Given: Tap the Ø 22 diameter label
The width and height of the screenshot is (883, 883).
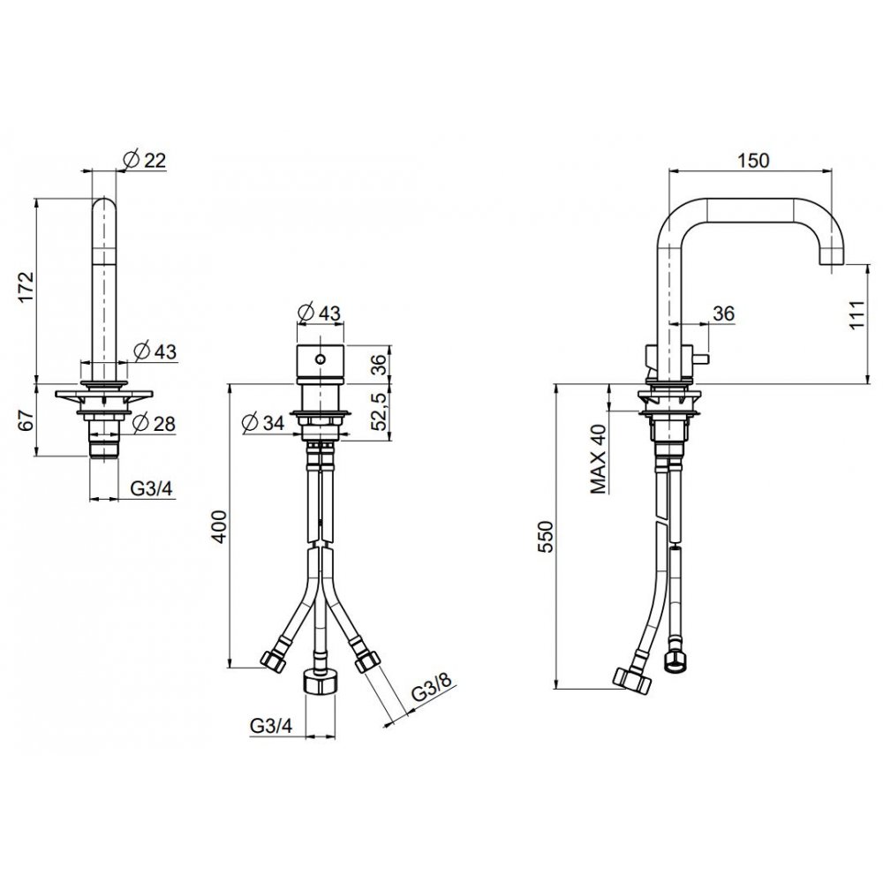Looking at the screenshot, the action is coord(145,161).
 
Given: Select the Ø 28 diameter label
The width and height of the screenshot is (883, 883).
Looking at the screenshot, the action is coord(155,423).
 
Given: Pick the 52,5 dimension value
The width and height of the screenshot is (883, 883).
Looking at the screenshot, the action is coord(381,411).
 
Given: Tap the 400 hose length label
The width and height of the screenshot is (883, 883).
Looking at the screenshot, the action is coord(219,526).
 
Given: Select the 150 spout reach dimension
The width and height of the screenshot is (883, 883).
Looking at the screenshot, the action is coord(753,161).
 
